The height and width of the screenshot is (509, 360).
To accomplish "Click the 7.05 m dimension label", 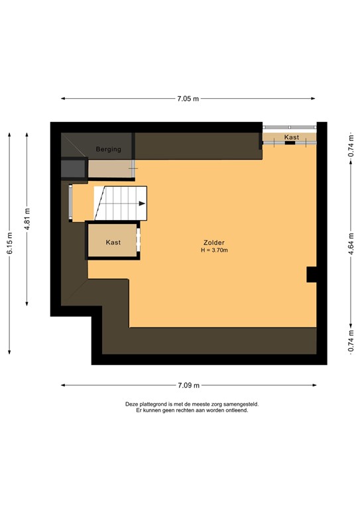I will [188, 99].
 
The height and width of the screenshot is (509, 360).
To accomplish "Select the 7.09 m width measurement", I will [188, 385].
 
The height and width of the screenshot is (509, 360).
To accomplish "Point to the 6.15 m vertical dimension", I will [9, 245].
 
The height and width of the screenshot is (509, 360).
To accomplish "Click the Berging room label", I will [108, 149].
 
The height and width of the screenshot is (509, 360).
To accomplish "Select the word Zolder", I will [214, 243].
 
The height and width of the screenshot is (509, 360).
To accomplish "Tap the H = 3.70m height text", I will [214, 251].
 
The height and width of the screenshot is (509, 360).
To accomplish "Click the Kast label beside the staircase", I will [113, 243].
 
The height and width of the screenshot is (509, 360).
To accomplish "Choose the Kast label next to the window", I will [291, 137].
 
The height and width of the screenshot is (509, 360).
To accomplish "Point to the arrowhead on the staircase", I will [143, 204].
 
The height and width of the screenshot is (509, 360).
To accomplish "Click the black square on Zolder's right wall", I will [312, 274].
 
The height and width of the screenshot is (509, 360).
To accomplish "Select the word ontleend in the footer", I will [235, 410].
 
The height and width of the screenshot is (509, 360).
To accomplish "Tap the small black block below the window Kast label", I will [290, 142].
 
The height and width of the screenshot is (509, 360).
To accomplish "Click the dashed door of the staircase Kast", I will [139, 240].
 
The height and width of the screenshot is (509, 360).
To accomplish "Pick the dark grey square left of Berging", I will [74, 168].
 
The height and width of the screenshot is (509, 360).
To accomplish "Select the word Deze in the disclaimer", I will [131, 404].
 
